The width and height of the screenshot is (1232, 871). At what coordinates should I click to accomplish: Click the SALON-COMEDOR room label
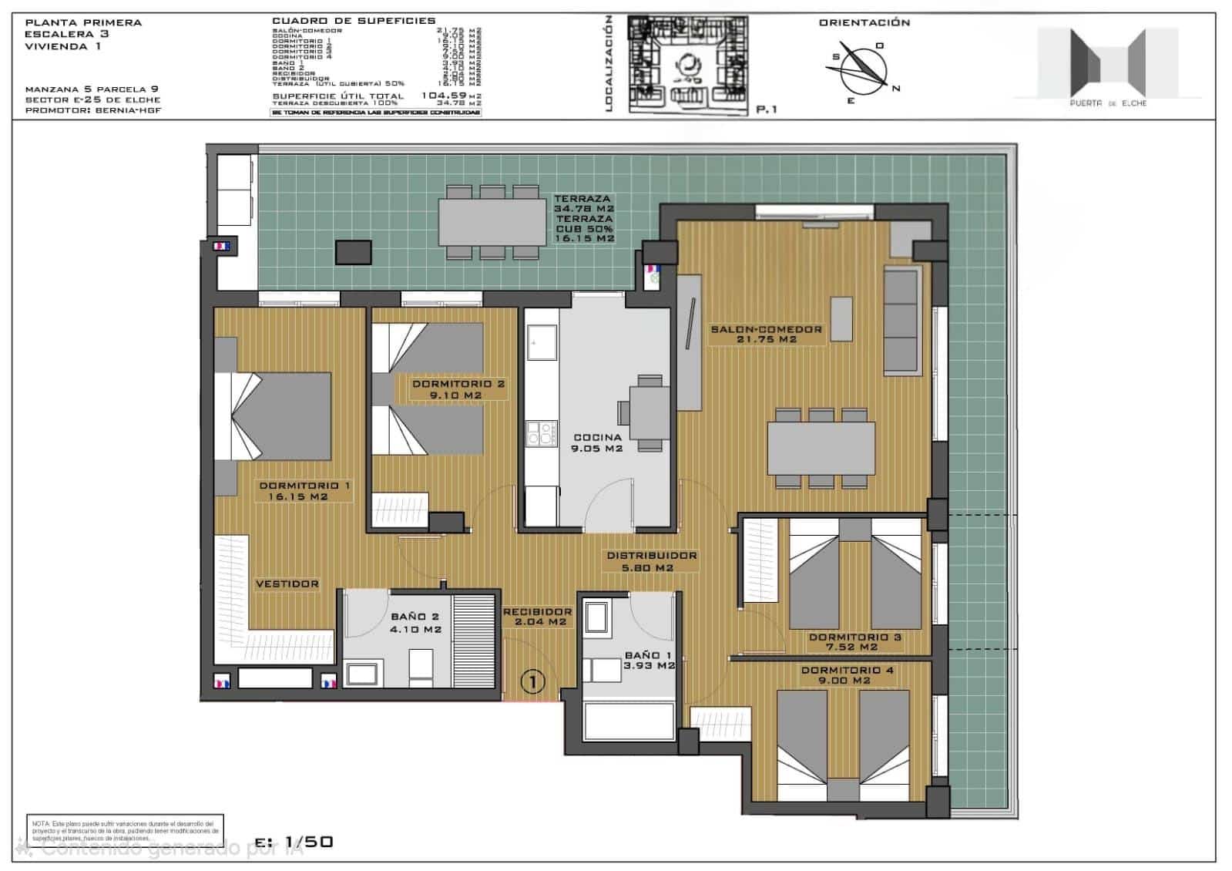(x=766, y=334)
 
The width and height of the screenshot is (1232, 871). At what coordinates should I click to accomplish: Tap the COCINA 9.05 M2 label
(x=597, y=442)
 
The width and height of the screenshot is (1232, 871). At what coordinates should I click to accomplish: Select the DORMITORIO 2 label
(x=458, y=389)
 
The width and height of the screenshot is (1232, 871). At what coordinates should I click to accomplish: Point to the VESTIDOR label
(x=287, y=584)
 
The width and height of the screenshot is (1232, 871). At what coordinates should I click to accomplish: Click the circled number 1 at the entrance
(x=533, y=681)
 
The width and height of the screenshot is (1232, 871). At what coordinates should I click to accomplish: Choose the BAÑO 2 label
(x=415, y=622)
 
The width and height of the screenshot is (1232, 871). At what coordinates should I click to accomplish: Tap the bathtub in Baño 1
(x=629, y=721)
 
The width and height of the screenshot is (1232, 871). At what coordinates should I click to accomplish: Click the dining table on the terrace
(x=493, y=221)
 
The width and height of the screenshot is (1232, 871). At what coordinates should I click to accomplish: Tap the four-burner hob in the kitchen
(x=542, y=433)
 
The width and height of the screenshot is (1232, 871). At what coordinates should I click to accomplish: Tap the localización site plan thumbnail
(x=688, y=65)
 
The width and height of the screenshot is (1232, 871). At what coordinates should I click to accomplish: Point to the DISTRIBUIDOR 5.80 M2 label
(x=651, y=561)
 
